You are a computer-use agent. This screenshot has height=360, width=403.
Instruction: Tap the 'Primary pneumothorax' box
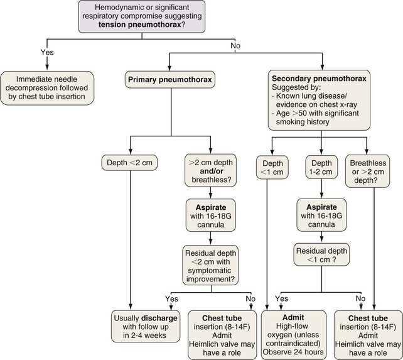[x=169, y=80]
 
